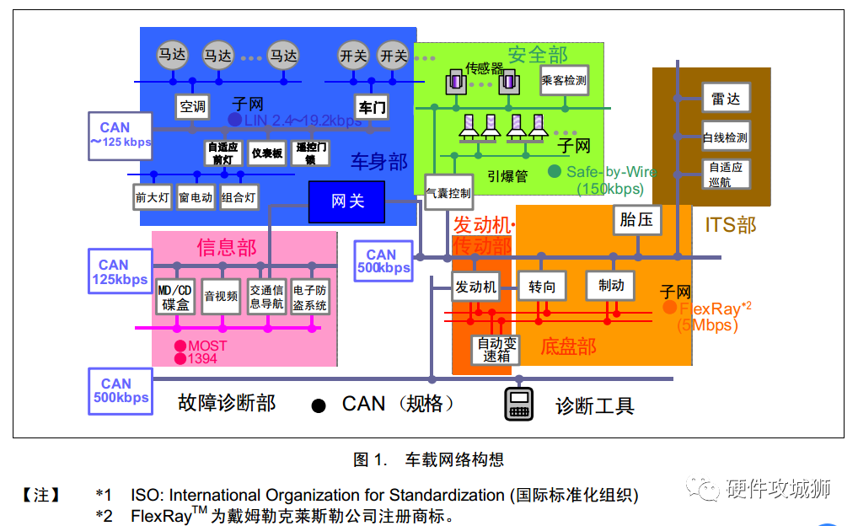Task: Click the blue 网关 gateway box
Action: (346, 201)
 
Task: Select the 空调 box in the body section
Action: (192, 106)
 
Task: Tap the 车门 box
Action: (372, 107)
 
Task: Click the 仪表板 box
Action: (267, 153)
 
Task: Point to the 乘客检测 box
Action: (564, 81)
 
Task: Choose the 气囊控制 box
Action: (448, 193)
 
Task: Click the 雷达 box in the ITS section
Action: (725, 99)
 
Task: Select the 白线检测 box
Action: (725, 137)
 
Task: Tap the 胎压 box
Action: (636, 220)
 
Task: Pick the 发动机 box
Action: (476, 287)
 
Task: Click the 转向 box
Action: (542, 287)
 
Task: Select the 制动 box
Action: (610, 286)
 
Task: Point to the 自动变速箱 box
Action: (496, 349)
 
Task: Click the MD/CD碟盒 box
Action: (175, 297)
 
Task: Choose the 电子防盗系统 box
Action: (309, 297)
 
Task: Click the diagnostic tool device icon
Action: (518, 405)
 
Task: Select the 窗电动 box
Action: (196, 198)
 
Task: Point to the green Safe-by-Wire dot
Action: (554, 171)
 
